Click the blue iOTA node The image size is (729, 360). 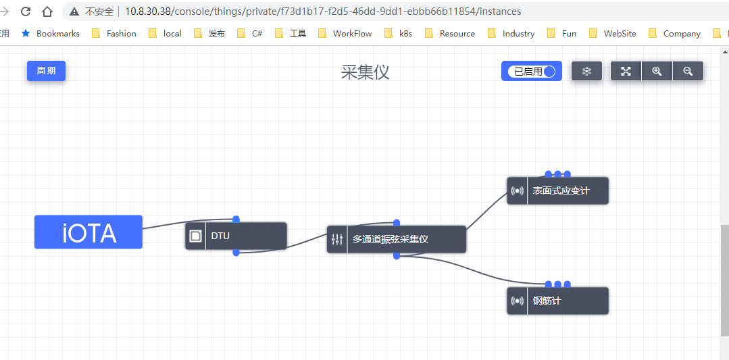click(89, 232)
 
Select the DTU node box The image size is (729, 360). click(236, 236)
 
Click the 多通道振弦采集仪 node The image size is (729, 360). click(397, 239)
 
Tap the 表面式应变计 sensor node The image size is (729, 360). click(558, 190)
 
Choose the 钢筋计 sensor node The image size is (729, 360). click(558, 301)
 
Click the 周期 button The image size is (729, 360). click(46, 71)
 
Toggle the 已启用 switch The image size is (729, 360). click(532, 71)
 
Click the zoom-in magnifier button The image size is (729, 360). click(657, 71)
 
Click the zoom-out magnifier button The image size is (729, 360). click(688, 71)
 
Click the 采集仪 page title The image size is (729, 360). click(365, 72)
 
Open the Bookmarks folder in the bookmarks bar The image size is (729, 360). click(51, 33)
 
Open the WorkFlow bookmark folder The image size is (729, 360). click(345, 33)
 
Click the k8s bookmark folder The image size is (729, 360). click(399, 33)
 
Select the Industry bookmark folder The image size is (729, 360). click(511, 33)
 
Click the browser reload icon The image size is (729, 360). click(26, 11)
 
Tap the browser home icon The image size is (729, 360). click(47, 11)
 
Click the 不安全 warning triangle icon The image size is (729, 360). click(74, 11)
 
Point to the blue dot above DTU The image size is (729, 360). click(236, 219)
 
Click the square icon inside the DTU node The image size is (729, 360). click(196, 236)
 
